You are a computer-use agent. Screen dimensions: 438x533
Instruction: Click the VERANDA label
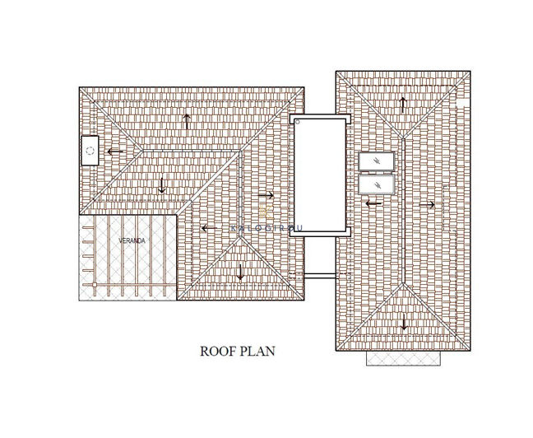point(132,240)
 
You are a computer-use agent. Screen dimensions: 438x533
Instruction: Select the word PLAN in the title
point(258,351)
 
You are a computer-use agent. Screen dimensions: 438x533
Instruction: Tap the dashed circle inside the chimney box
point(89,151)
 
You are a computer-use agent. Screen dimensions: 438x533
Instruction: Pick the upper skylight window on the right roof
point(377,161)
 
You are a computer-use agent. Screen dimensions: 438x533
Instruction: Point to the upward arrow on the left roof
point(188,121)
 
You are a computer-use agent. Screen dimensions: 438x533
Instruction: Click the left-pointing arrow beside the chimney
point(114,151)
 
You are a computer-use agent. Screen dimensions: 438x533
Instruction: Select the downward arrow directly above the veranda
point(162,184)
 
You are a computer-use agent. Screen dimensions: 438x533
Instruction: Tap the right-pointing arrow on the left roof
point(265,195)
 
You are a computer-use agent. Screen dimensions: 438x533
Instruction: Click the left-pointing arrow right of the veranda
point(210,228)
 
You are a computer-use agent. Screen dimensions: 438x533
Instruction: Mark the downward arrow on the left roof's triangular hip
point(240,273)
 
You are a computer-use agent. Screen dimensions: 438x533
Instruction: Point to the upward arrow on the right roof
point(402,105)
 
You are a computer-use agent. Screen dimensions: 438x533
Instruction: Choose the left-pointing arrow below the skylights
point(373,203)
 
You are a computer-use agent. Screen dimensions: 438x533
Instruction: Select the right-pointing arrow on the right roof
point(426,204)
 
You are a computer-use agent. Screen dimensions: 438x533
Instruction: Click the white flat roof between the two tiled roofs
point(320,175)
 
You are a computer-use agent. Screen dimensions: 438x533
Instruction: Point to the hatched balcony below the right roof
point(403,358)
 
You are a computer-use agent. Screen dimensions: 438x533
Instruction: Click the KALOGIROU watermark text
point(266,228)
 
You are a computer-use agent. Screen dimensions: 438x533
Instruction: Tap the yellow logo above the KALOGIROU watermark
point(266,213)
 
